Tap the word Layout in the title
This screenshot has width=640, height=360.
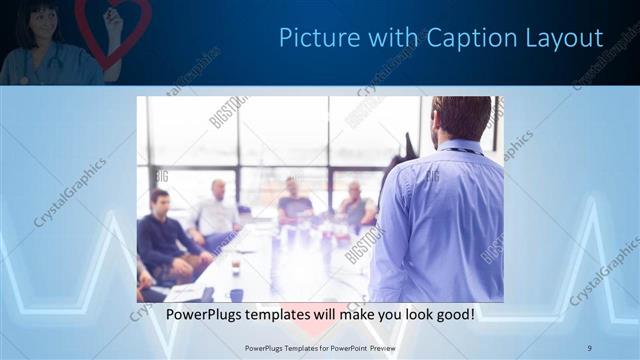point(567,38)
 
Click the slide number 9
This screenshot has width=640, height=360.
point(590,347)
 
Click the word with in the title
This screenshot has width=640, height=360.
point(391,38)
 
